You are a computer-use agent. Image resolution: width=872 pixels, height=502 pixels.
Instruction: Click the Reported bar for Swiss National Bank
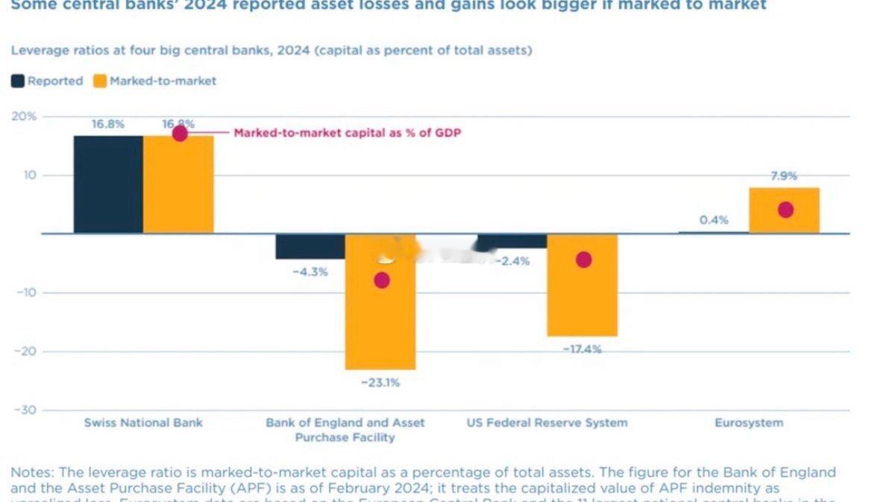(x=108, y=184)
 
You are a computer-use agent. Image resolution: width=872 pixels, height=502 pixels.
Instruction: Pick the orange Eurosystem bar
(x=784, y=210)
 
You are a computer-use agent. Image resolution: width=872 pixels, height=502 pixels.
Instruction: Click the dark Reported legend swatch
(x=18, y=81)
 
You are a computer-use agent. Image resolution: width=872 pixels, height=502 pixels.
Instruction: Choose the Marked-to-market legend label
(x=163, y=81)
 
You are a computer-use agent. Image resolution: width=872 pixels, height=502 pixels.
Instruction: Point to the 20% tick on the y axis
(x=24, y=117)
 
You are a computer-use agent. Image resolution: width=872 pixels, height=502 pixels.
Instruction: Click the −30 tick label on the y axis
(x=26, y=410)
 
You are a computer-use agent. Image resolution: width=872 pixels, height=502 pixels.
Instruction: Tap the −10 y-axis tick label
(x=26, y=292)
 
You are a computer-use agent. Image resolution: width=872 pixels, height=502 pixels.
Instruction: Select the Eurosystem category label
(x=749, y=423)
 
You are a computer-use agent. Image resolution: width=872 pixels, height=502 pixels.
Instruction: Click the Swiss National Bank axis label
(x=142, y=423)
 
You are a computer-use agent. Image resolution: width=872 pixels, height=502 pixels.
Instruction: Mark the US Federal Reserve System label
(x=547, y=423)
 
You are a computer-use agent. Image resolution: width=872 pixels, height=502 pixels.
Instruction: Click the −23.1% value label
(x=380, y=383)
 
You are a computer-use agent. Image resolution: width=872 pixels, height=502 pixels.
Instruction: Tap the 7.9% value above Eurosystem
(x=784, y=176)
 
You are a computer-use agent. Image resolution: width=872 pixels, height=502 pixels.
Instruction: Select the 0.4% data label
(x=714, y=220)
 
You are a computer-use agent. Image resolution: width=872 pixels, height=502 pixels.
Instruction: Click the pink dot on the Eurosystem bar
(x=785, y=210)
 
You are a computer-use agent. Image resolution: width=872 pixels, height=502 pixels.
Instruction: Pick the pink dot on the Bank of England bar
(x=382, y=280)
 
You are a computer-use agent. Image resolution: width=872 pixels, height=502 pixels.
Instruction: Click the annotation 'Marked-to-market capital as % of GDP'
(x=347, y=134)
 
